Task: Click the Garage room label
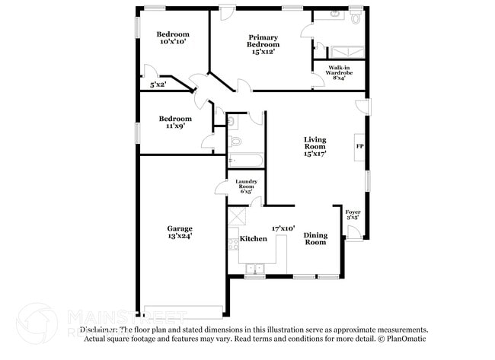pyautogui.click(x=180, y=228)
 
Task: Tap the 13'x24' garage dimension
pyautogui.click(x=180, y=237)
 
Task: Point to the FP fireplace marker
pyautogui.click(x=359, y=145)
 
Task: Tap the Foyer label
pyautogui.click(x=353, y=212)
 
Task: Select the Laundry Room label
pyautogui.click(x=244, y=183)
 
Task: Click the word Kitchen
pyautogui.click(x=254, y=238)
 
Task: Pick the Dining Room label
pyautogui.click(x=315, y=238)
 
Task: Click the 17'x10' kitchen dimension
pyautogui.click(x=283, y=228)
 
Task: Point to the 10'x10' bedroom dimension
pyautogui.click(x=173, y=42)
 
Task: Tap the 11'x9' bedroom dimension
pyautogui.click(x=174, y=127)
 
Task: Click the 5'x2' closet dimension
pyautogui.click(x=158, y=84)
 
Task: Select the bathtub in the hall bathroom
pyautogui.click(x=246, y=161)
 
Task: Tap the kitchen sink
pyautogui.click(x=254, y=268)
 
